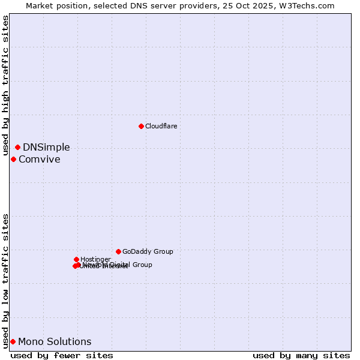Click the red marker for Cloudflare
(x=141, y=126)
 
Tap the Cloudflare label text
(x=161, y=126)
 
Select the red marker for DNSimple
(x=17, y=147)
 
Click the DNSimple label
(x=46, y=147)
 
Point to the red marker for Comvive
(x=13, y=159)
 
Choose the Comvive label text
(x=39, y=159)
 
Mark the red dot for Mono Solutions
(x=13, y=341)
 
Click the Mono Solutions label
(x=55, y=341)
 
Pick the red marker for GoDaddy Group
(x=118, y=251)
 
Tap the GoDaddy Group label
(x=147, y=251)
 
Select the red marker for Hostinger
(x=76, y=259)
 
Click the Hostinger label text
(x=95, y=259)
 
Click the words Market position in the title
(x=55, y=5)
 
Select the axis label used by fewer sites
(x=62, y=355)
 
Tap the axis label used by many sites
(x=301, y=355)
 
